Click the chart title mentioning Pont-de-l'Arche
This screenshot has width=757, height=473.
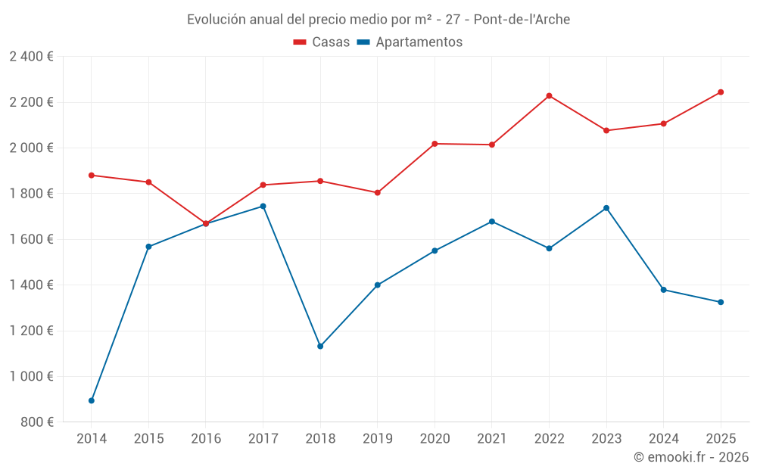[x=378, y=19]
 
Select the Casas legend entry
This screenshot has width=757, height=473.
[x=322, y=42]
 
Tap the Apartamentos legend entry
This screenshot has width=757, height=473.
[x=410, y=42]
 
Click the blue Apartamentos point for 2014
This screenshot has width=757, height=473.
[x=92, y=400]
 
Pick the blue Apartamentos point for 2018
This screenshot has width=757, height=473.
[x=320, y=346]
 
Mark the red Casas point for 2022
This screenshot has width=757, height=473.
[x=549, y=96]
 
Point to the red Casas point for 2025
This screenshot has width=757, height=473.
[x=721, y=92]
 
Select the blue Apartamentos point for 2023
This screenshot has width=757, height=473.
[x=606, y=208]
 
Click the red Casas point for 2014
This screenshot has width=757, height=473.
[x=92, y=175]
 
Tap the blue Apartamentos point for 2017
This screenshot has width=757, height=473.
[x=263, y=206]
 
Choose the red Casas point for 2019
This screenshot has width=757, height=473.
[x=378, y=192]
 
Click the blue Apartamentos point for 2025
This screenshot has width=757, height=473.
[x=721, y=302]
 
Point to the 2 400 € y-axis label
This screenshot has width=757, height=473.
[x=31, y=57]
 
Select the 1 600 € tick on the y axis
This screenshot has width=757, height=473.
[x=31, y=239]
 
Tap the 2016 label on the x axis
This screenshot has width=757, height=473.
[x=206, y=438]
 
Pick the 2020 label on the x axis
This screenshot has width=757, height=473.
[x=435, y=438]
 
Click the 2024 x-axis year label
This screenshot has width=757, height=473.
[x=663, y=438]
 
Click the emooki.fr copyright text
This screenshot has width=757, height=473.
[x=690, y=457]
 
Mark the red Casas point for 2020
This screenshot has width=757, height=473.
[x=435, y=144]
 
